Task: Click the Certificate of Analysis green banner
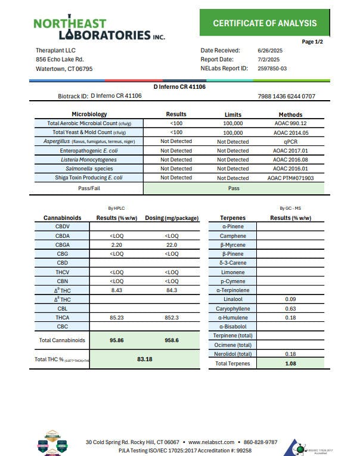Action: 265,23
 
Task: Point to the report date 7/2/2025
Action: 269,60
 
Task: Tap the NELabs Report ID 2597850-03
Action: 272,69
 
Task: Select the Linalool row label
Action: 232,299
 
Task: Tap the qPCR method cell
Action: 290,142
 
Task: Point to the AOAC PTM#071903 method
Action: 290,178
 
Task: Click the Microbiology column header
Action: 89,114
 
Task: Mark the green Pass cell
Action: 234,188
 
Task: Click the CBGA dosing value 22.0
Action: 171,245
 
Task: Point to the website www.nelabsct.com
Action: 211,442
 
